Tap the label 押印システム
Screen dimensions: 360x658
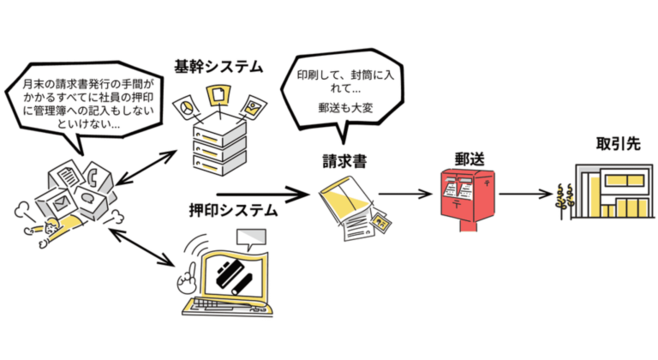tap(232, 209)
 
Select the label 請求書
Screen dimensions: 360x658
tap(344, 160)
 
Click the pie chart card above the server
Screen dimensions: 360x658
tap(186, 106)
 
